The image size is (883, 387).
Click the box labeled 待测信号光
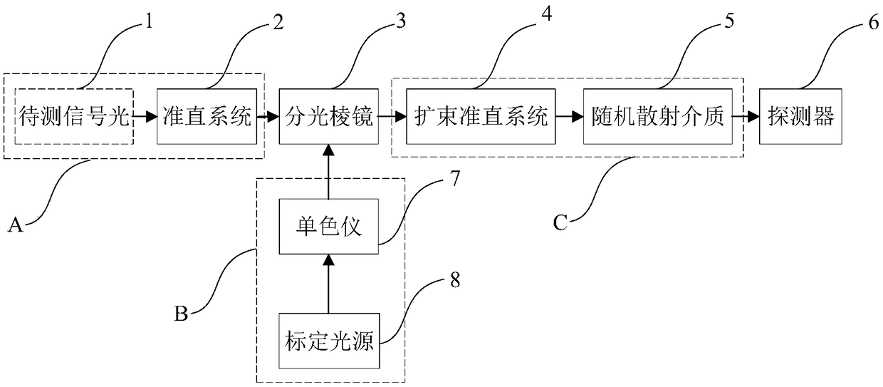coord(74,116)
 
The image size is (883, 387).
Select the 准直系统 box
coord(205,116)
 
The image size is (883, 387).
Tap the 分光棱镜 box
coord(328,116)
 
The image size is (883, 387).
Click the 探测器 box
coord(800,116)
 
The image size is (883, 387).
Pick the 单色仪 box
coord(328,229)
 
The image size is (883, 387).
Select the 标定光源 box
coord(328,337)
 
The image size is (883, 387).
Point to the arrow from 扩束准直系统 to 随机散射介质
coord(567,116)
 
